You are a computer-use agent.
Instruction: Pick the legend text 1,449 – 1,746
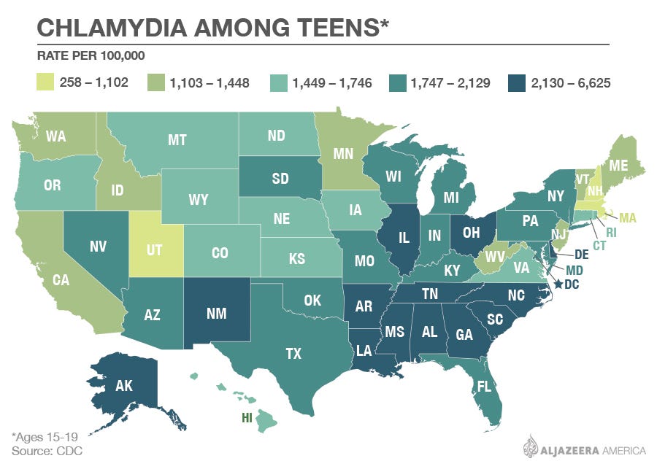click(332, 82)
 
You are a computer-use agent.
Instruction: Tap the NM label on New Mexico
click(216, 314)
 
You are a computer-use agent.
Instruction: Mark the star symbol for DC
click(559, 284)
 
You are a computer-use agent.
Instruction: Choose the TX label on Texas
click(293, 354)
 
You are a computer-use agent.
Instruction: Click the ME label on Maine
click(618, 166)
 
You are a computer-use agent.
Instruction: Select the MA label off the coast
click(629, 217)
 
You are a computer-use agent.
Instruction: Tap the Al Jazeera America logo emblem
click(531, 445)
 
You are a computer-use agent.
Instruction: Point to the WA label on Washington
click(56, 136)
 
